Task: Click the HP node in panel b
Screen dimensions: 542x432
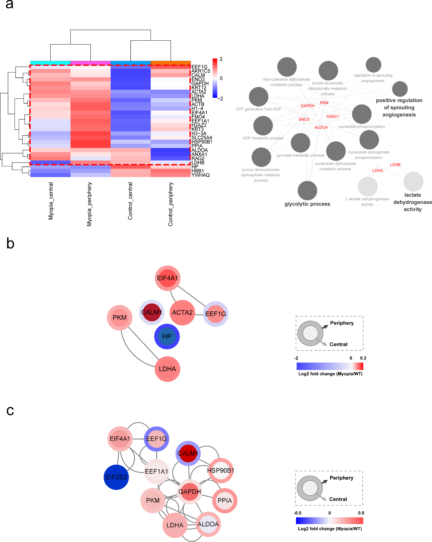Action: [x=167, y=336]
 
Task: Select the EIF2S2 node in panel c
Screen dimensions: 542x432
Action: [x=116, y=477]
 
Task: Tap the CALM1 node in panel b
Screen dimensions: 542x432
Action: [x=151, y=312]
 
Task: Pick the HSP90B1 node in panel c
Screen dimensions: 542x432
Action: [x=220, y=470]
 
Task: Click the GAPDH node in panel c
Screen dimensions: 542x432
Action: [x=190, y=492]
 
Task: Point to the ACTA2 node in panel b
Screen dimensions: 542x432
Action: [x=182, y=312]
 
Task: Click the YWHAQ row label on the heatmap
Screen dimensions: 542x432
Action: [x=201, y=175]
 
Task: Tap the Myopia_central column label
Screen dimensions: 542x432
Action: [x=51, y=201]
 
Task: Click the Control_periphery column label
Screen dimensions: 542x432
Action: [x=171, y=204]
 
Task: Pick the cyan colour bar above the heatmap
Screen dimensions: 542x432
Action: [x=50, y=63]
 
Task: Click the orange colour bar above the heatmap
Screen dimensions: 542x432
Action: [x=171, y=63]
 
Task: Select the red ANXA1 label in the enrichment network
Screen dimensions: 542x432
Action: [x=333, y=116]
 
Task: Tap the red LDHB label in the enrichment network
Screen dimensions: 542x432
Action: [x=395, y=165]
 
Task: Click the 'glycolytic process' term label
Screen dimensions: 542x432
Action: [x=307, y=204]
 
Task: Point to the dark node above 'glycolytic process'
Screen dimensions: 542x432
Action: [x=307, y=190]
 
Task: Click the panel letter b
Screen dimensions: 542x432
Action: [x=10, y=243]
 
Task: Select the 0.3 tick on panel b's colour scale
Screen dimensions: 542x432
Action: [x=363, y=358]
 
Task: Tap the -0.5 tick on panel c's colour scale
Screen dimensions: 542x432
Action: [x=297, y=513]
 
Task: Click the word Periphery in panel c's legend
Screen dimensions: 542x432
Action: [x=341, y=478]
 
